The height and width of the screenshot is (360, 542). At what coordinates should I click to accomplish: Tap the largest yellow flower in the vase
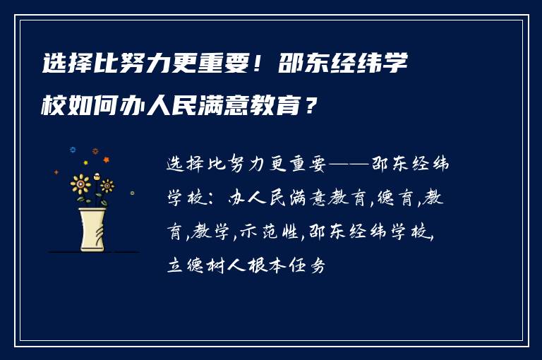point(81,185)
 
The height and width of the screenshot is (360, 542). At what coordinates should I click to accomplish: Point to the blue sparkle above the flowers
point(72,150)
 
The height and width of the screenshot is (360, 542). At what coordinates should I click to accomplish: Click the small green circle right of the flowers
point(132,192)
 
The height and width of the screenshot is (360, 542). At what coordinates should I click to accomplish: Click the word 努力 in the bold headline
point(128,66)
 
